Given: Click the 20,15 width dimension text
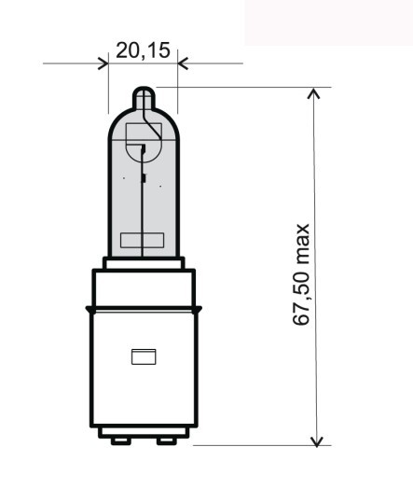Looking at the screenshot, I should click(x=143, y=49).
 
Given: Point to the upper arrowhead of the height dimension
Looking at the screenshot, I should click(x=318, y=94).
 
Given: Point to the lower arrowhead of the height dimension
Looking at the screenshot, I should click(x=318, y=439).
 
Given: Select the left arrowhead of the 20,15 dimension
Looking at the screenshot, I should click(x=103, y=63).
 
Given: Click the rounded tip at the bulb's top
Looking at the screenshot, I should click(x=143, y=97).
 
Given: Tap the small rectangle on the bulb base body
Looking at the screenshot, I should click(x=143, y=356).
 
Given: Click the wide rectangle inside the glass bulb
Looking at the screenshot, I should click(x=143, y=240).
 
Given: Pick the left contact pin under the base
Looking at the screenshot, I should click(x=118, y=440).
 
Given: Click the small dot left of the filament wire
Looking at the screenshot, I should click(x=123, y=177).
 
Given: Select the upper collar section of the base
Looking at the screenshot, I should click(x=143, y=286).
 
